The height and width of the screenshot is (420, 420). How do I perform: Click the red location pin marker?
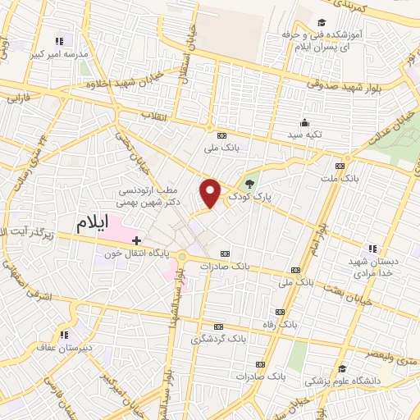click(212, 192)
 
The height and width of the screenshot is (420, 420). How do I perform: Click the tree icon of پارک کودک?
click(249, 181)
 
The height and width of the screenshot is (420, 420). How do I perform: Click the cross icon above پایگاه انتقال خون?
click(137, 240)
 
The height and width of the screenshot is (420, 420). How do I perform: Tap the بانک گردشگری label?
click(217, 339)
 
